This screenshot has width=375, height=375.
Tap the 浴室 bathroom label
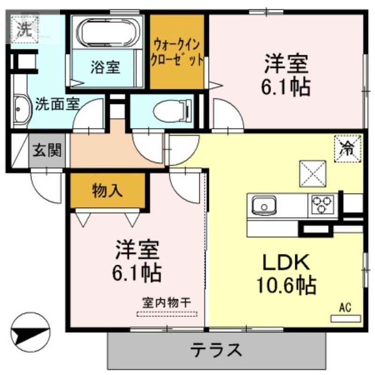click(x=105, y=67)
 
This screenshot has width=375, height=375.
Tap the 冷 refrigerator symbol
click(x=347, y=149)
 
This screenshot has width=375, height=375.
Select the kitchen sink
click(x=264, y=205)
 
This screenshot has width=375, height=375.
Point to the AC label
click(x=345, y=308)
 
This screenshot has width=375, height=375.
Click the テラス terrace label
click(x=216, y=350)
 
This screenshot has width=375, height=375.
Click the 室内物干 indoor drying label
click(x=167, y=303)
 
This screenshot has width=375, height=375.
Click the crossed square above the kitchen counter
click(x=313, y=172)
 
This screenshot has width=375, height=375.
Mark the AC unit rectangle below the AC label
click(x=345, y=319)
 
